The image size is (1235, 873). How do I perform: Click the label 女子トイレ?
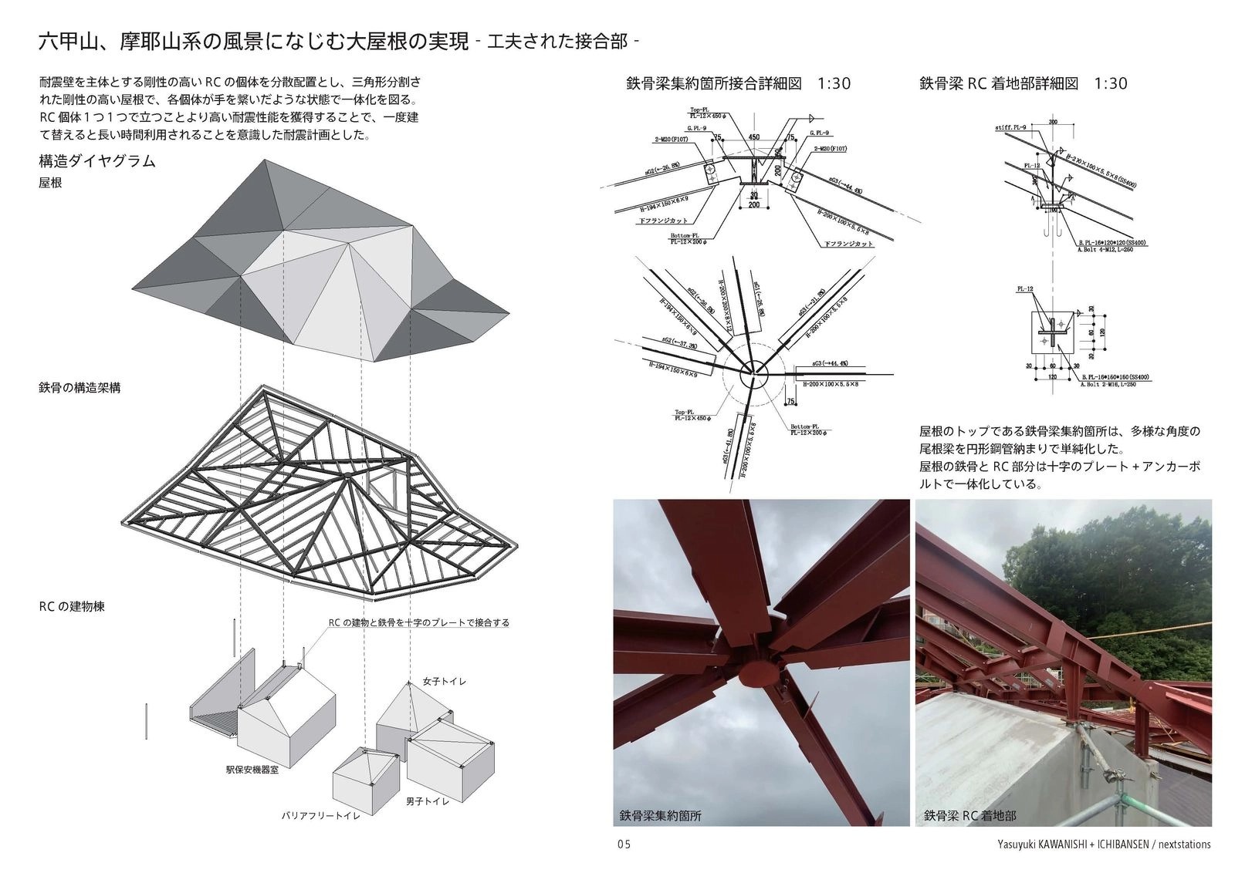[444, 682]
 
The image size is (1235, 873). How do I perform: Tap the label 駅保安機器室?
[252, 769]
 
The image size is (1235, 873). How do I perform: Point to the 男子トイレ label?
[427, 801]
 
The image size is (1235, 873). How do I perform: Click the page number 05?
[624, 844]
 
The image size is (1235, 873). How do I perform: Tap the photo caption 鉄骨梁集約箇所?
[661, 815]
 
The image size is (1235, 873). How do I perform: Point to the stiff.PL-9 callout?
[1010, 126]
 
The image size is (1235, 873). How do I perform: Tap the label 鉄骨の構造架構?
[80, 388]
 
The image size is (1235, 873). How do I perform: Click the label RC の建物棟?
[71, 606]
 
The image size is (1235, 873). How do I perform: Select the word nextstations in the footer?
[1180, 844]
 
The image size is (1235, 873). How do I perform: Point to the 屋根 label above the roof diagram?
[50, 184]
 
